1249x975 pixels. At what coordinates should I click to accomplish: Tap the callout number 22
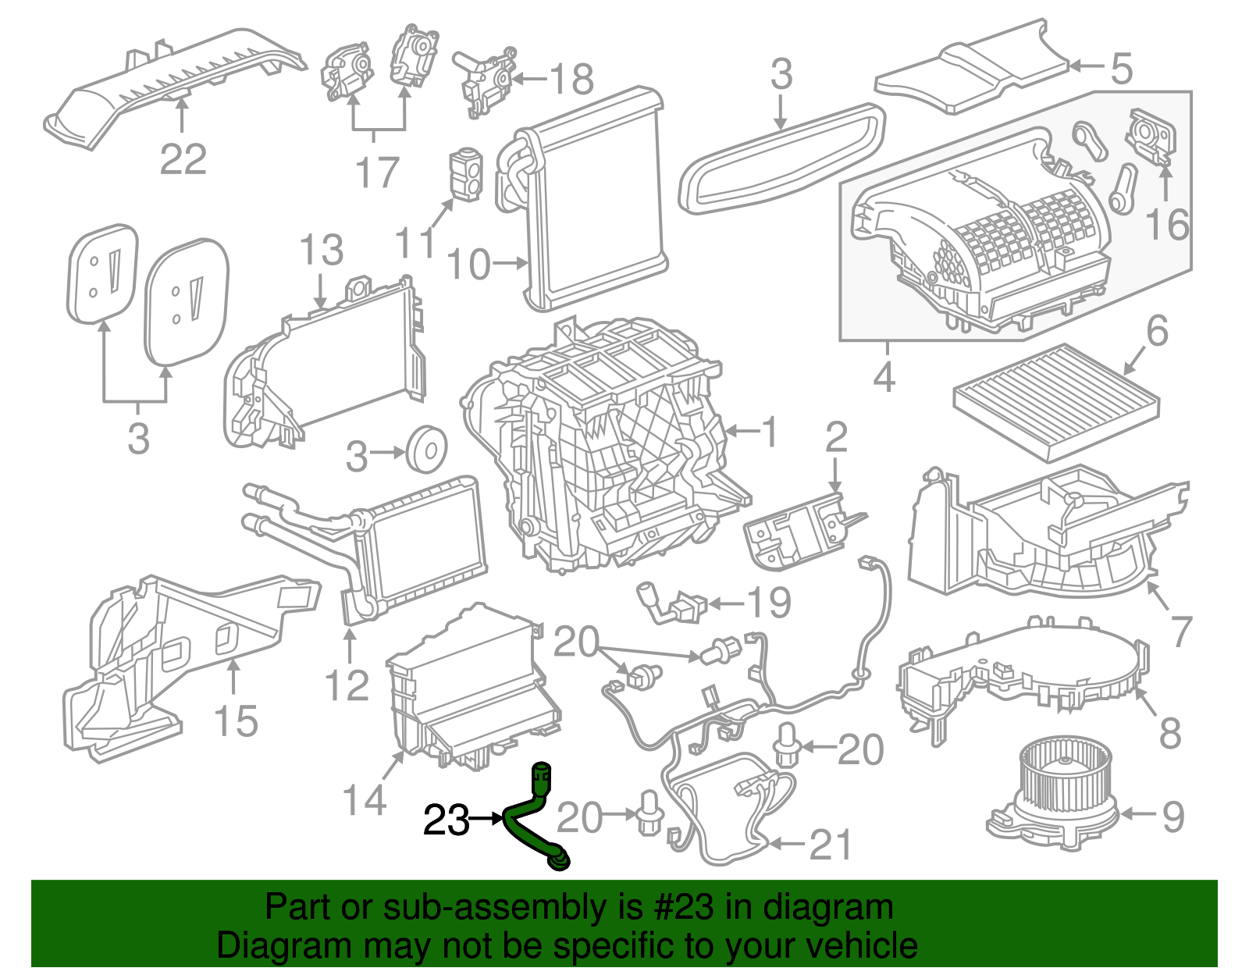[183, 160]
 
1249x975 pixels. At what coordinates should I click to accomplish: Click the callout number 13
[321, 251]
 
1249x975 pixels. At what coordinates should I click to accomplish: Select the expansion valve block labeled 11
[466, 174]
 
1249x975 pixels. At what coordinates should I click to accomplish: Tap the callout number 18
[571, 80]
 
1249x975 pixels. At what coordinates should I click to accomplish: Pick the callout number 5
[1121, 69]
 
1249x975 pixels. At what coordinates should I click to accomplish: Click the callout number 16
[1166, 225]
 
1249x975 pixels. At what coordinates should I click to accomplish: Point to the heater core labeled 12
[422, 546]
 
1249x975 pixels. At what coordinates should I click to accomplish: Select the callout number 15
[235, 721]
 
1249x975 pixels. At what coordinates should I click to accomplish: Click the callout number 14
[365, 799]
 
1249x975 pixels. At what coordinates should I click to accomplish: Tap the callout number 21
[831, 845]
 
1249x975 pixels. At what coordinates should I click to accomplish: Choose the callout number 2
[835, 438]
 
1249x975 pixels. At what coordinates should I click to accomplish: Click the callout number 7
[1181, 632]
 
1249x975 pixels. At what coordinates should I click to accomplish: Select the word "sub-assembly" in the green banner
[471, 908]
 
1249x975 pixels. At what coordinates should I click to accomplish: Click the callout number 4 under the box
[883, 377]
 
